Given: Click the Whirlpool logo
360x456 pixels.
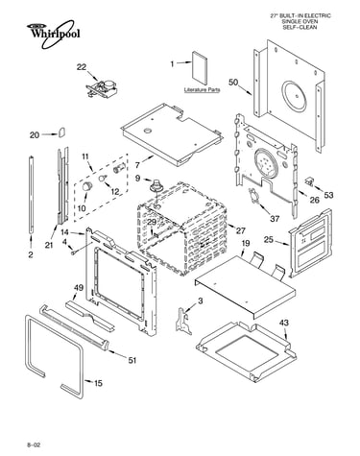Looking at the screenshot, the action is coord(53,34).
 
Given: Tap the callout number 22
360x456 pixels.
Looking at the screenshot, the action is coord(82,67).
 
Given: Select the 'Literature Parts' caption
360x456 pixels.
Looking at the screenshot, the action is coord(202,90).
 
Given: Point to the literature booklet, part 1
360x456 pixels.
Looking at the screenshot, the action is coord(200,65).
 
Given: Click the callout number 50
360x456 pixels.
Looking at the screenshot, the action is coord(233,83).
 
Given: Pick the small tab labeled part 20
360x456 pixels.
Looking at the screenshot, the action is coord(61,132).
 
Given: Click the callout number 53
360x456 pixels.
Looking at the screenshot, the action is coord(328,195).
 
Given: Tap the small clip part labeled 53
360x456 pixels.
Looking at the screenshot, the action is coord(309,181).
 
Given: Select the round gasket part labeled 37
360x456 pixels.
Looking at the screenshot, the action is coord(253,195).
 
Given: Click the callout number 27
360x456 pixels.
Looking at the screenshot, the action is coord(240,230).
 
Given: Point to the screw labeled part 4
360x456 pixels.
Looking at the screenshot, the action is coord(74,252).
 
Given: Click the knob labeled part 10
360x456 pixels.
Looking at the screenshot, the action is coord(87,185).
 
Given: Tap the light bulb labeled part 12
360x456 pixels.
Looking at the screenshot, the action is coord(103,178).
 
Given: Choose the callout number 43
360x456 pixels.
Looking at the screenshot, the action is coord(283,323).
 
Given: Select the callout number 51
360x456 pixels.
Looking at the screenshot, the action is coord(132,360).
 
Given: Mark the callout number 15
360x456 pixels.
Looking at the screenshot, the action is coord(98,383).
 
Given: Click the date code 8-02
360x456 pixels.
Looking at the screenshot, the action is coord(34,445).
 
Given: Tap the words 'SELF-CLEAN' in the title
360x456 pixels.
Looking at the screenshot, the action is coord(300,27).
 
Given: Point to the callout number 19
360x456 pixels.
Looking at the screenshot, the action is coord(246,244).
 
